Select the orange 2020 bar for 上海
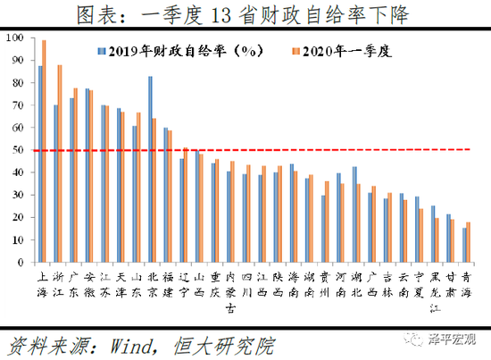coord(44,152)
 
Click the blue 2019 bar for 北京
coord(149,170)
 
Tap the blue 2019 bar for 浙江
coord(55,184)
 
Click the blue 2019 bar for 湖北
coord(354,214)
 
